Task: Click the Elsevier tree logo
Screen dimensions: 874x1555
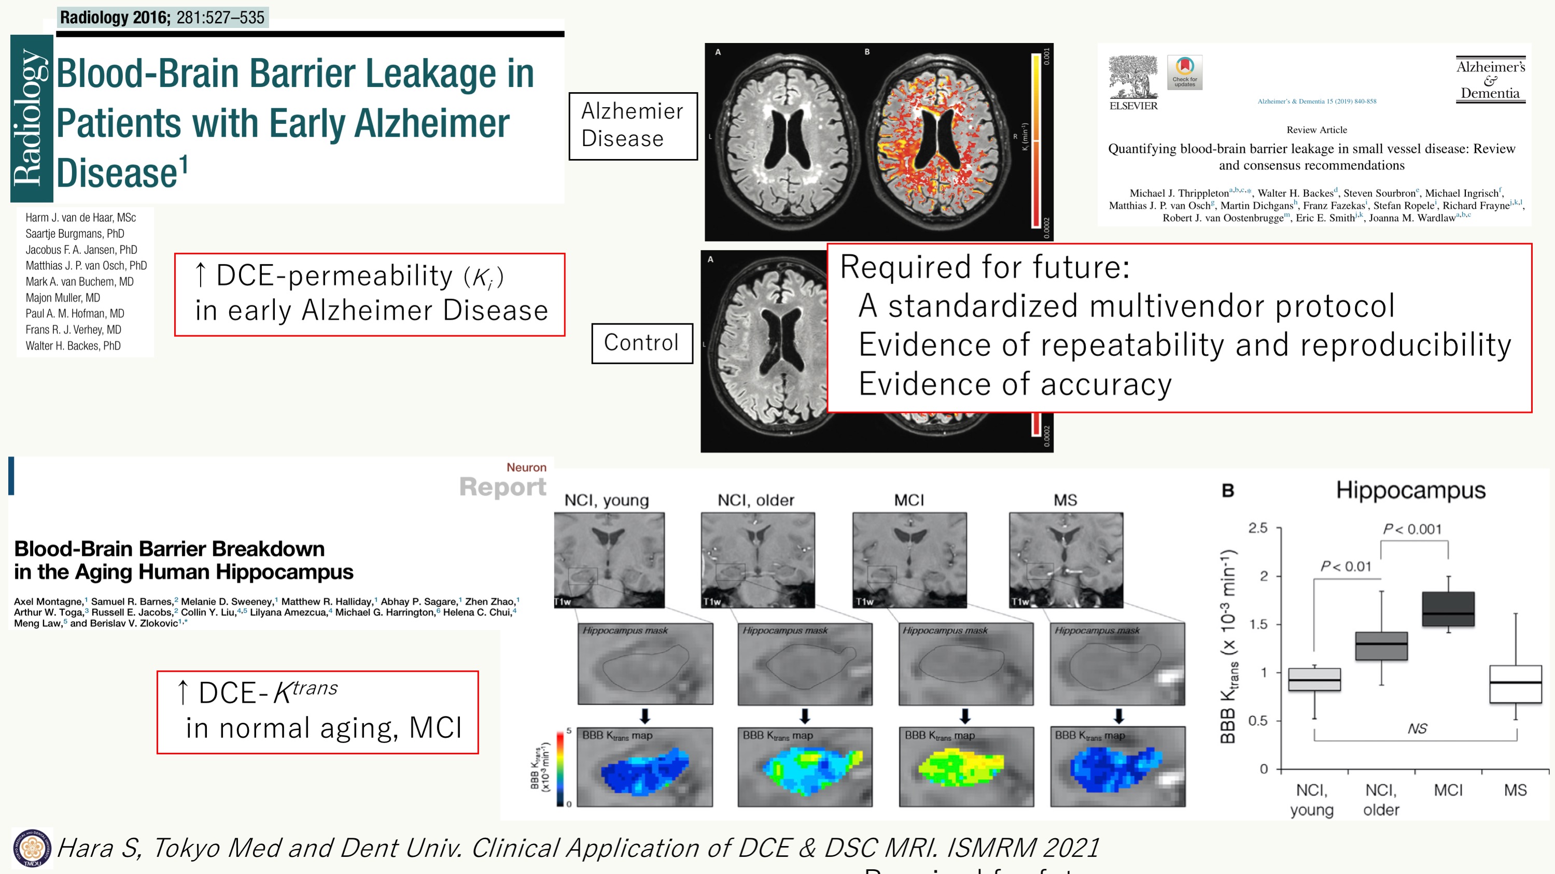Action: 1133,77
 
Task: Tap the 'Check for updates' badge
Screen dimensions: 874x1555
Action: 1184,73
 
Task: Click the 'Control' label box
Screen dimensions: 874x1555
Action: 642,342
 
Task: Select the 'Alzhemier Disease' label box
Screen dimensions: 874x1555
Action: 633,125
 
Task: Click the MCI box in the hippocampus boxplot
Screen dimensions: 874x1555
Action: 1448,609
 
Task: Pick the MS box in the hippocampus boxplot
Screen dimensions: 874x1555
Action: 1515,683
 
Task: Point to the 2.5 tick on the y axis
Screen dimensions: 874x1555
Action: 1258,528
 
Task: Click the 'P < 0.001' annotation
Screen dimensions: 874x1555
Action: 1412,529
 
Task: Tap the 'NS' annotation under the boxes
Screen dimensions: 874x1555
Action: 1417,728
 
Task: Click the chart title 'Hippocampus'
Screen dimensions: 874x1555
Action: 1410,491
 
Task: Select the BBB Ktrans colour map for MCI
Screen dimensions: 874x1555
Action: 965,767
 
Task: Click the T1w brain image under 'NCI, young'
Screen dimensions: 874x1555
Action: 609,560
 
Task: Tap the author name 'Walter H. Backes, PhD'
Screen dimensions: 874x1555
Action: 73,346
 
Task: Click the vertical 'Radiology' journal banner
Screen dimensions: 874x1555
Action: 32,118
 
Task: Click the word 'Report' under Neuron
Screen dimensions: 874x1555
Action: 502,487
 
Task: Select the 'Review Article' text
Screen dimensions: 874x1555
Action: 1316,130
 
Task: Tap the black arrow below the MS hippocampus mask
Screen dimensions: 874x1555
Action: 1118,716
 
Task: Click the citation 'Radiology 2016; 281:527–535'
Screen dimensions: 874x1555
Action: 162,18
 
